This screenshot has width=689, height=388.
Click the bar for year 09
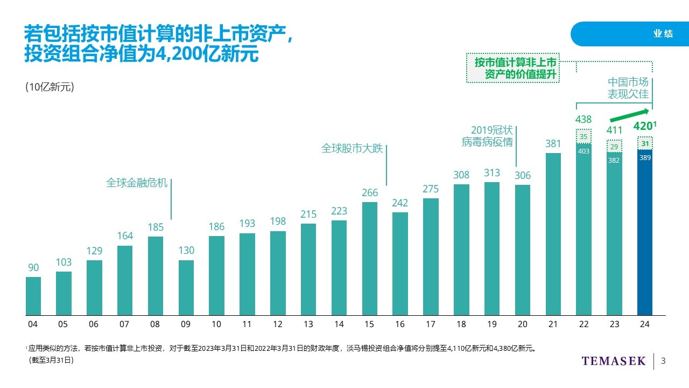click(x=186, y=288)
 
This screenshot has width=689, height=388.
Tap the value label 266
click(x=370, y=192)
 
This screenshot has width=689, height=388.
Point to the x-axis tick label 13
click(x=308, y=324)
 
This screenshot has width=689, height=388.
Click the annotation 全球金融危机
click(x=137, y=183)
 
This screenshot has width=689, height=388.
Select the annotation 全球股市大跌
click(x=352, y=148)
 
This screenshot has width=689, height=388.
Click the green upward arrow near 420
click(x=629, y=115)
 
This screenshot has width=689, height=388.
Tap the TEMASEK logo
click(x=613, y=361)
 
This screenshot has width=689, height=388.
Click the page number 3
click(x=663, y=361)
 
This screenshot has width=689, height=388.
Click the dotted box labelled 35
click(x=583, y=136)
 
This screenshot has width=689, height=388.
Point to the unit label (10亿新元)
click(x=50, y=88)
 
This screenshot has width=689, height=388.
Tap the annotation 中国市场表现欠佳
click(x=628, y=88)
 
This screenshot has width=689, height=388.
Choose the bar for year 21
click(x=553, y=234)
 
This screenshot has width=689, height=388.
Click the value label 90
click(x=33, y=268)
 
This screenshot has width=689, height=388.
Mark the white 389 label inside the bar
click(x=645, y=158)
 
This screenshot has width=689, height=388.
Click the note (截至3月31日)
click(x=51, y=361)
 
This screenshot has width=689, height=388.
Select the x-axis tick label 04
click(x=33, y=324)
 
